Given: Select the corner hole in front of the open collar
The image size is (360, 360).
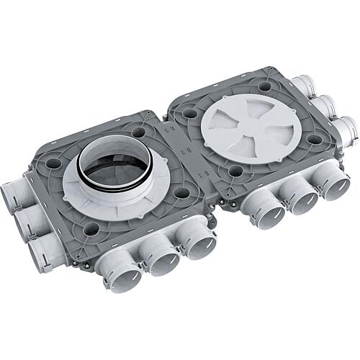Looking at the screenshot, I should pyautogui.click(x=91, y=228).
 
